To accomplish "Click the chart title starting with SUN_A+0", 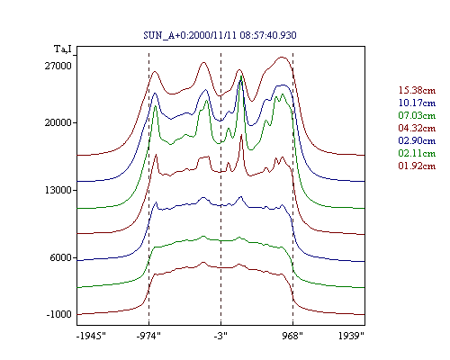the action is tap(220, 35).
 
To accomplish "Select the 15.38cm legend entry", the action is tap(417, 90).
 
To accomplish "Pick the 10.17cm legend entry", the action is tap(417, 103).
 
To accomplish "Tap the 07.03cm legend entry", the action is tap(417, 115).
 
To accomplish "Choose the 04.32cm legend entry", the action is tap(417, 128).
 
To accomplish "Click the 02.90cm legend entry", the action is tap(417, 140).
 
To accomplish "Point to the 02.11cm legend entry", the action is tap(417, 153).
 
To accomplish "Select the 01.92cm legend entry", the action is tap(417, 166).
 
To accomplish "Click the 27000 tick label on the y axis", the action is tap(58, 66).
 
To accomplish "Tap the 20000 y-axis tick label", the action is tap(58, 122).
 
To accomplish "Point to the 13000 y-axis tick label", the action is tap(58, 190).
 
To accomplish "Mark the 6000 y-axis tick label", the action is tap(61, 257).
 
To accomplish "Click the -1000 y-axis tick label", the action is tap(59, 314).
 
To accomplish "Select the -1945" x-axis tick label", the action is tap(92, 336).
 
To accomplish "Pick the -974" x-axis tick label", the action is tap(148, 336).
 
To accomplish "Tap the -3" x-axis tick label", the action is tap(220, 336).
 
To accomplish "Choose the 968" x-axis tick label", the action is tap(292, 336).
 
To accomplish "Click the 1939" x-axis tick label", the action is tap(351, 336).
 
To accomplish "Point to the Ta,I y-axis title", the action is tap(63, 49).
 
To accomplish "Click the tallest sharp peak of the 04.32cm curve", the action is tap(241, 135).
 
